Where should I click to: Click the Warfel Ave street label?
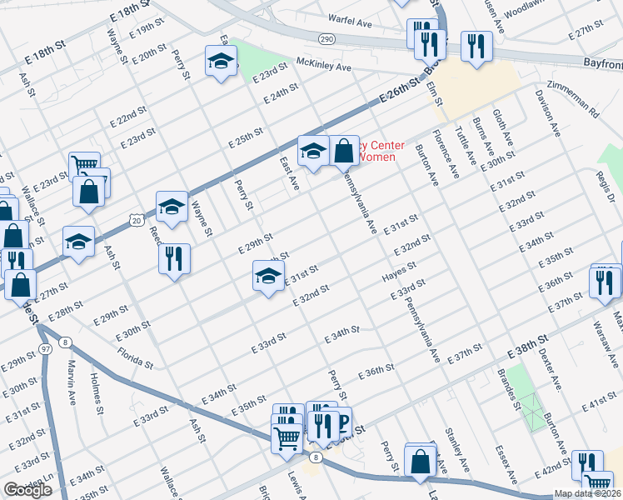(351, 24)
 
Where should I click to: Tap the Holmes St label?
(97, 398)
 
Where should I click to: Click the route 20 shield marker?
(135, 218)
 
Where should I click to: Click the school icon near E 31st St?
(268, 277)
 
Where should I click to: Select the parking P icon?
(341, 422)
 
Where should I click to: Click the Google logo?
(27, 490)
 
